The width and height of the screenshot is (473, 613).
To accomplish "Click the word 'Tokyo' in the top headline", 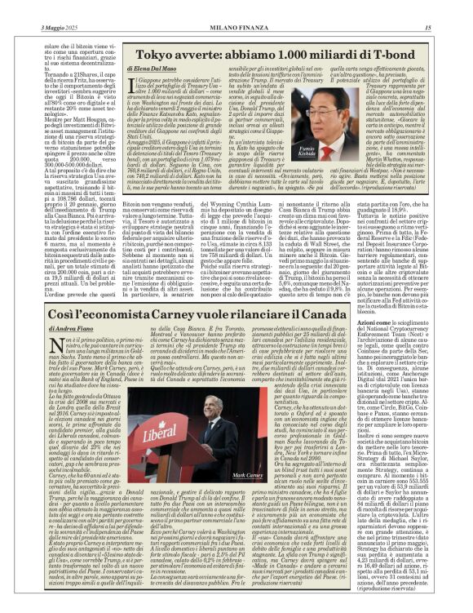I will coord(152,54).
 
